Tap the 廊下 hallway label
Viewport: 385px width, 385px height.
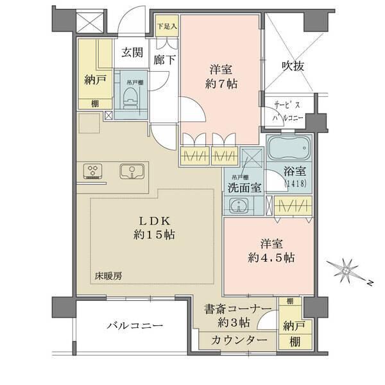(x=164, y=61)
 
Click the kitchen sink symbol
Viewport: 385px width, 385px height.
(x=132, y=171)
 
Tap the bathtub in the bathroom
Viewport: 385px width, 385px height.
(x=288, y=151)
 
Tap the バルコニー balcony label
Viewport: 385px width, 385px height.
(x=134, y=326)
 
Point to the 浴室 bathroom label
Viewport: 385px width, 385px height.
(x=296, y=171)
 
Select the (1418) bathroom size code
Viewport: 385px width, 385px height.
(x=296, y=184)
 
